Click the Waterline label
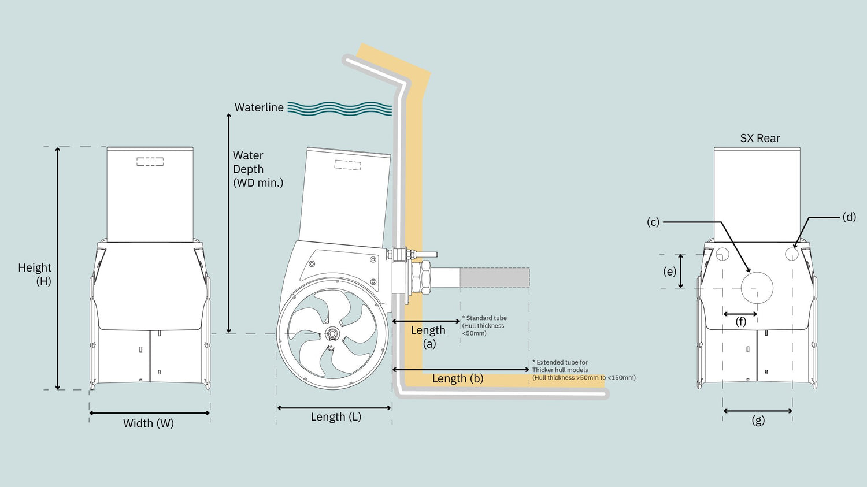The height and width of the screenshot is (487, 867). pyautogui.click(x=259, y=107)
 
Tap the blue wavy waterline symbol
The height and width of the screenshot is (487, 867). pyautogui.click(x=340, y=109)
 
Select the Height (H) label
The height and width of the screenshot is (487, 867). pyautogui.click(x=35, y=274)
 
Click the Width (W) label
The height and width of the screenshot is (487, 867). pyautogui.click(x=149, y=423)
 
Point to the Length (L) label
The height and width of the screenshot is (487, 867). pyautogui.click(x=336, y=417)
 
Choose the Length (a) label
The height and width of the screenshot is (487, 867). pyautogui.click(x=428, y=337)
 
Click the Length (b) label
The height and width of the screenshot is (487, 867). pyautogui.click(x=458, y=379)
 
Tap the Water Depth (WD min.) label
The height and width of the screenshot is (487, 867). pyautogui.click(x=258, y=169)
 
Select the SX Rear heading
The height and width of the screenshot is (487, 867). pyautogui.click(x=760, y=139)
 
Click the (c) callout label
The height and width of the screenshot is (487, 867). pyautogui.click(x=653, y=222)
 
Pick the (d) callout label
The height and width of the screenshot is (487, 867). pyautogui.click(x=849, y=217)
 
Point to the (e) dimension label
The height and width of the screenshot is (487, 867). pyautogui.click(x=670, y=272)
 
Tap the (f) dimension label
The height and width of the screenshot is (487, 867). pyautogui.click(x=741, y=322)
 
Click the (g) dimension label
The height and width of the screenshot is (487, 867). pyautogui.click(x=758, y=421)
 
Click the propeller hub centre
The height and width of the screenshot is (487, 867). pyautogui.click(x=332, y=333)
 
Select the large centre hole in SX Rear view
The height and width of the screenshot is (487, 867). pyautogui.click(x=757, y=288)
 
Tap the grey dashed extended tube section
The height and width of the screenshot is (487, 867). pyautogui.click(x=494, y=277)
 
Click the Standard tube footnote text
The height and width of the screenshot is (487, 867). pyautogui.click(x=484, y=326)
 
